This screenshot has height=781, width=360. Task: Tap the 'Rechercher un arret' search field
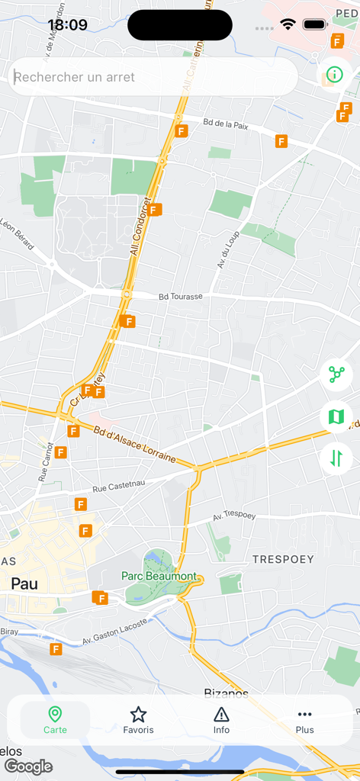(x=153, y=77)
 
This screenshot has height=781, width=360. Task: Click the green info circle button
(x=334, y=75)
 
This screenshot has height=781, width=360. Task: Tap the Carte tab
(x=55, y=720)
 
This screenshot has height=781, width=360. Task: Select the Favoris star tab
(x=138, y=720)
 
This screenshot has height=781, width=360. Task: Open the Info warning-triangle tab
(x=221, y=720)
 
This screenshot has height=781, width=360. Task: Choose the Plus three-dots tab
(x=304, y=720)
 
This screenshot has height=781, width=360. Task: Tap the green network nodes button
(x=336, y=374)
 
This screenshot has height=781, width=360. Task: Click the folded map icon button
(x=336, y=416)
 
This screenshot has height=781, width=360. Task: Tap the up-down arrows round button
(x=336, y=458)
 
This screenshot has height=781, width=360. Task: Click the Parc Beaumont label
(x=159, y=577)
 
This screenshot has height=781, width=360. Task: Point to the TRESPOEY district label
(x=283, y=559)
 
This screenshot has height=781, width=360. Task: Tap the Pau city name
(x=24, y=584)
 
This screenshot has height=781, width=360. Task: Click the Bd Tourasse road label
(x=181, y=296)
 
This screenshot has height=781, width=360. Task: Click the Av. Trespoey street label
(x=233, y=516)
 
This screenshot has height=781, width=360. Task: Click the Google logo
(x=28, y=767)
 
